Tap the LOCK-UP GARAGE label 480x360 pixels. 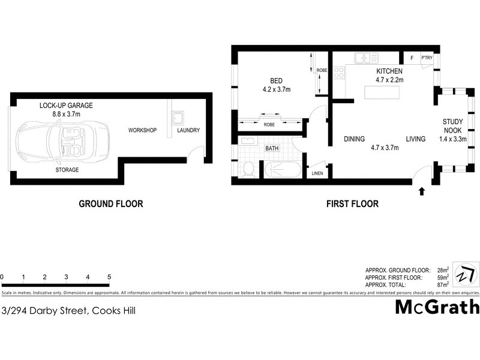(x=66, y=109)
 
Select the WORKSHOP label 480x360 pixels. (x=142, y=130)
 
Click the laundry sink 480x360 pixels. (x=178, y=117)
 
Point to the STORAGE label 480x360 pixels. (x=67, y=170)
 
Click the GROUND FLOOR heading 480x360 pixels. (x=111, y=204)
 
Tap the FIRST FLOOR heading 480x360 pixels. (x=352, y=204)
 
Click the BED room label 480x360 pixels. (x=275, y=85)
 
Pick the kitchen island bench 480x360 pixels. (x=382, y=92)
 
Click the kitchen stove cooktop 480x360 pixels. (x=338, y=73)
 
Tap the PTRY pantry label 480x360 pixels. (x=427, y=58)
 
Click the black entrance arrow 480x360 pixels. (x=421, y=191)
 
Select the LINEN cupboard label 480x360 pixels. (x=317, y=173)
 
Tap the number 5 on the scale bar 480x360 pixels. (x=109, y=277)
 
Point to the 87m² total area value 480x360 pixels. (x=443, y=286)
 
